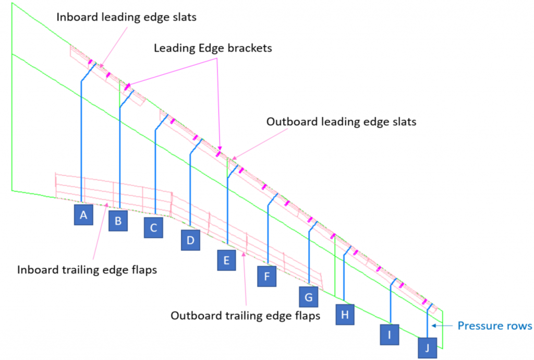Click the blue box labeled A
coord(83,214)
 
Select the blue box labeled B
coord(118,221)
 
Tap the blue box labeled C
coord(153,227)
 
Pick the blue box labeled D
coord(190,240)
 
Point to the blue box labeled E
coord(226,260)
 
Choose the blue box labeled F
coord(266,276)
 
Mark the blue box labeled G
coord(309,297)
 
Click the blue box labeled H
coord(345,315)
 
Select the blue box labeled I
coord(390,335)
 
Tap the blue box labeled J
coord(428,347)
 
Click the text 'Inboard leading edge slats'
coord(126,17)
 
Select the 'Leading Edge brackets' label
coord(213,48)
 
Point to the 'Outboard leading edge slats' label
coord(341,122)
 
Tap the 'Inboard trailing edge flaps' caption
coord(87,270)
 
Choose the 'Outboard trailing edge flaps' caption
coord(245,315)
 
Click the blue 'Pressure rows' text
coord(494,326)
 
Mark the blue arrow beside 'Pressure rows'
coord(442,326)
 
